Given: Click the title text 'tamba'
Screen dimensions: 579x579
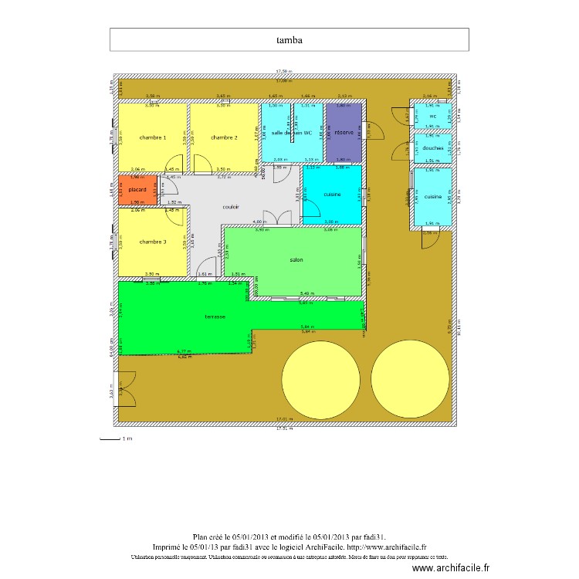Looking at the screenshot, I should pyautogui.click(x=289, y=39).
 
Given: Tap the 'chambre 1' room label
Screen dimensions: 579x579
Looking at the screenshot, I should pyautogui.click(x=152, y=137).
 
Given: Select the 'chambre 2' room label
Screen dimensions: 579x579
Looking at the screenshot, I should pyautogui.click(x=224, y=137).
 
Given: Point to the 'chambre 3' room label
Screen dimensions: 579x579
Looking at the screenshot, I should pyautogui.click(x=152, y=242).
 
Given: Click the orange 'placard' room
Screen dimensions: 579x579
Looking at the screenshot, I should pyautogui.click(x=137, y=190).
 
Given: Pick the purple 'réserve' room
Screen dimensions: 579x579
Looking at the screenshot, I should pyautogui.click(x=344, y=133).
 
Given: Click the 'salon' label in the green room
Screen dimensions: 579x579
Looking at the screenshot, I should pyautogui.click(x=296, y=260).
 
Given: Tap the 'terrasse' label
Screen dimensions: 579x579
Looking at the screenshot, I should pyautogui.click(x=215, y=317).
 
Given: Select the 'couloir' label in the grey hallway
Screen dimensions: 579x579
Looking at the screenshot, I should pyautogui.click(x=231, y=207).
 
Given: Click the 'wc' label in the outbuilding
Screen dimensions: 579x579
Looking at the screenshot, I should pyautogui.click(x=432, y=117).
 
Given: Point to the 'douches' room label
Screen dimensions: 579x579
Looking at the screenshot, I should pyautogui.click(x=432, y=148).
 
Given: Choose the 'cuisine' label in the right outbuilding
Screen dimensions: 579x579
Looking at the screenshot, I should pyautogui.click(x=432, y=197).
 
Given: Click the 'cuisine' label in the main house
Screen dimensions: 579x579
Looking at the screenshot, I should pyautogui.click(x=332, y=195).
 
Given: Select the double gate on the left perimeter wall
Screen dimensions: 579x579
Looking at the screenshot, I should pyautogui.click(x=125, y=388).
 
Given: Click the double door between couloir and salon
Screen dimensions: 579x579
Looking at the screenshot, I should pyautogui.click(x=274, y=219).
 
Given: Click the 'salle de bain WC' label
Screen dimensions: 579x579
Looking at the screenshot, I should pyautogui.click(x=292, y=133).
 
